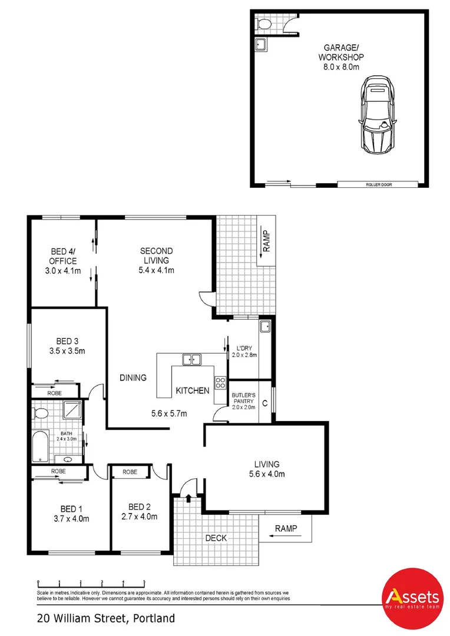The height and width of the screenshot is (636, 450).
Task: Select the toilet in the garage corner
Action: tap(263, 24)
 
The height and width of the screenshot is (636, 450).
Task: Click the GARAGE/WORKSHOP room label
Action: tap(341, 57)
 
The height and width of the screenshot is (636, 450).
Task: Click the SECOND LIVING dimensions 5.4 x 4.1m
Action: tap(156, 270)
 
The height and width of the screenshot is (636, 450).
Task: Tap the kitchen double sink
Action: tap(191, 359)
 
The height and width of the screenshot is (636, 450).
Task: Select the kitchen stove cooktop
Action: tap(221, 384)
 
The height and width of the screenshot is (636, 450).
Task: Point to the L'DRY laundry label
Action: tap(244, 347)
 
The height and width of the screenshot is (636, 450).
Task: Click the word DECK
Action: tap(216, 538)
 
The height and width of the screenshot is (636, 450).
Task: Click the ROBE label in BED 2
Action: tap(130, 472)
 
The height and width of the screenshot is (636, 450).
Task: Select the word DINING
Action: tap(133, 378)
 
